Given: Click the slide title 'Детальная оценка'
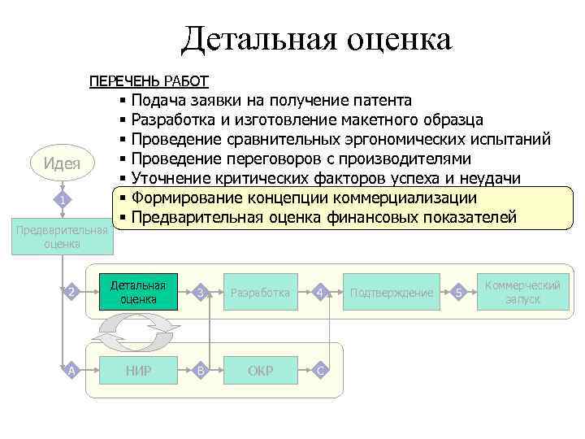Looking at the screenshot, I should pyautogui.click(x=317, y=39).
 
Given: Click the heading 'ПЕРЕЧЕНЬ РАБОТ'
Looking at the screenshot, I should pyautogui.click(x=149, y=81).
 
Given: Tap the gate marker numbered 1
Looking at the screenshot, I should pyautogui.click(x=62, y=200).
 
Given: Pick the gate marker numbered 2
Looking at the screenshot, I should pyautogui.click(x=72, y=293).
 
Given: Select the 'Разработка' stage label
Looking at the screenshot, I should pyautogui.click(x=260, y=293).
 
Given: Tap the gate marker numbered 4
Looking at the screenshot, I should pyautogui.click(x=321, y=293).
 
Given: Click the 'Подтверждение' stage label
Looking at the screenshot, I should pyautogui.click(x=391, y=293).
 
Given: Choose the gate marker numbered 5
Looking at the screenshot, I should pyautogui.click(x=460, y=293).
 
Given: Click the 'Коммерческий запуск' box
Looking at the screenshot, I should pyautogui.click(x=522, y=293).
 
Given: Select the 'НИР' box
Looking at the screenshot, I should pyautogui.click(x=137, y=371).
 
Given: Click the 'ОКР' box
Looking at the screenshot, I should pyautogui.click(x=260, y=371).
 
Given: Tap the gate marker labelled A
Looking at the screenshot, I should pyautogui.click(x=72, y=371).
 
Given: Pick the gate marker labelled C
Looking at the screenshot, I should pyautogui.click(x=321, y=371).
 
